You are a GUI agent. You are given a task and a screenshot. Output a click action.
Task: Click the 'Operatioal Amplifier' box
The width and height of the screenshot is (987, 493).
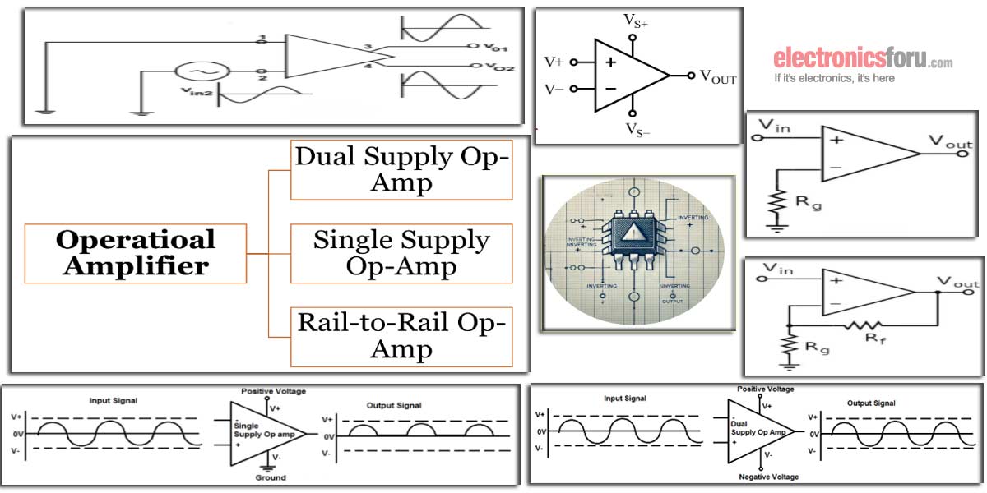tap(136, 252)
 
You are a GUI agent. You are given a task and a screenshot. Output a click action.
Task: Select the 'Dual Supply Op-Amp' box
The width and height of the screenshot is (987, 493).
tap(401, 169)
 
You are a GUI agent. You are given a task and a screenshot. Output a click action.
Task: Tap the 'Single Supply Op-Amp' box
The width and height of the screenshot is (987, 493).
tap(401, 253)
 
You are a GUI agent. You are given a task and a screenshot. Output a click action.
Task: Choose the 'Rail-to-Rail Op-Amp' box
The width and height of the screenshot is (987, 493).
tap(401, 336)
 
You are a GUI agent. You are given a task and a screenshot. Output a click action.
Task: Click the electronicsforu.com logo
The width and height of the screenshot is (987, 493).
tap(863, 59)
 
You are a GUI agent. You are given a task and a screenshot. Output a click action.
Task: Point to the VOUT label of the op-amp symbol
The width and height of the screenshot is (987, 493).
tap(717, 77)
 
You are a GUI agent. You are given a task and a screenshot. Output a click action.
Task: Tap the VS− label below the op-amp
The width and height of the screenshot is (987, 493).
tap(635, 129)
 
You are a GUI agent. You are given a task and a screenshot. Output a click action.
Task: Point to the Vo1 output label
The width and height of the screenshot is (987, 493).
tap(496, 46)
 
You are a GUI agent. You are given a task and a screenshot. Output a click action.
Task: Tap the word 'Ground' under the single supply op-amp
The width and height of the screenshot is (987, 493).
tap(270, 477)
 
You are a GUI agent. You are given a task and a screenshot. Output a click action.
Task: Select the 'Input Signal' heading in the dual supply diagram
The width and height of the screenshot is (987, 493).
tap(625, 399)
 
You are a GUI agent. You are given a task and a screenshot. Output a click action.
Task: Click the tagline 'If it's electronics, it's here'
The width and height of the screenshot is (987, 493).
tap(834, 79)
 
